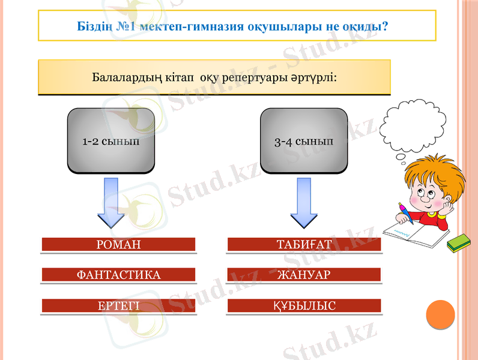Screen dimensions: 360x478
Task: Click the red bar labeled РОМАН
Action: (118, 244)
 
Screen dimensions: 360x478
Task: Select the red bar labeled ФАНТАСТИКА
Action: (118, 275)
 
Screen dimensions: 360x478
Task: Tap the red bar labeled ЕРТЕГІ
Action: (118, 306)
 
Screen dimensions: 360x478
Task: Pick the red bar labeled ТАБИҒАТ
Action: (304, 244)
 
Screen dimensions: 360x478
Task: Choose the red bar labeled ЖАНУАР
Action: (304, 275)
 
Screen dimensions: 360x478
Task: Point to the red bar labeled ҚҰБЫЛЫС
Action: (304, 306)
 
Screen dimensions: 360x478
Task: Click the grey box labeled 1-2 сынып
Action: (110, 142)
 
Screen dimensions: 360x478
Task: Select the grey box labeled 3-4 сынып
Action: (303, 142)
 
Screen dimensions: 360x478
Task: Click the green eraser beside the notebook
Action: (459, 241)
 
